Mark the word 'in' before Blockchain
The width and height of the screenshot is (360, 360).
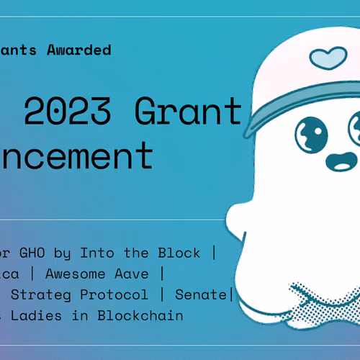[x=85, y=315]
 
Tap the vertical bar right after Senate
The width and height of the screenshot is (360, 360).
[x=230, y=294]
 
